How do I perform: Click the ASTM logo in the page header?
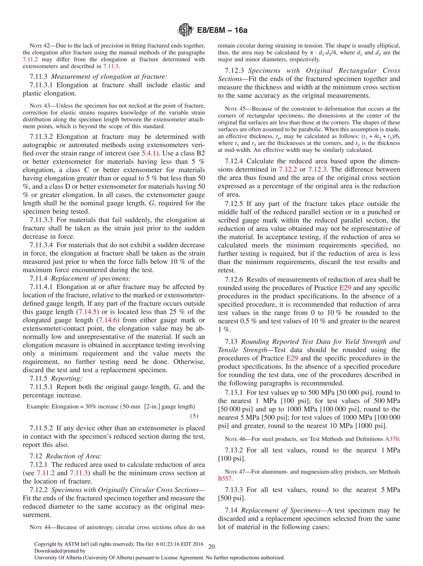pos(185,30)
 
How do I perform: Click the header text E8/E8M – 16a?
pos(222,30)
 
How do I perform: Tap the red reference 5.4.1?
pos(149,153)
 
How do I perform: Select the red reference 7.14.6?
pos(108,320)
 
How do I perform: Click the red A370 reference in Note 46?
pos(392,439)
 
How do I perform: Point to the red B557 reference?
pos(225,478)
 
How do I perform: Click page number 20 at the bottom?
pos(211,547)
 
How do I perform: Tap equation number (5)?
pos(194,416)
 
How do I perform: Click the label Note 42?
pos(40,46)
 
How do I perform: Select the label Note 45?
pos(235,109)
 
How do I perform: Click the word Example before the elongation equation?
pos(38,407)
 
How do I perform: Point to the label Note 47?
pos(235,472)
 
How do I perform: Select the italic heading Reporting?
pos(67,379)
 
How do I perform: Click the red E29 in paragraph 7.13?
pos(292,358)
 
